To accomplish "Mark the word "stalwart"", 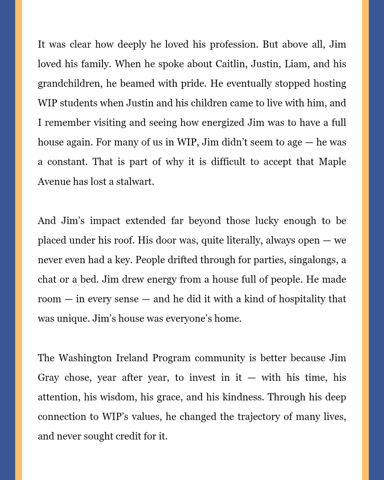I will (135, 182).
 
